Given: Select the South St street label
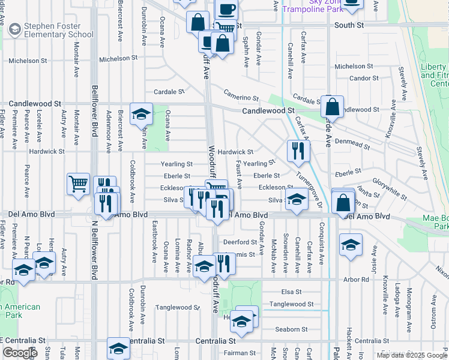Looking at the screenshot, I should (349, 25).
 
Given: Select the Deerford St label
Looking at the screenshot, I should (240, 242).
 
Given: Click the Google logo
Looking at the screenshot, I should (20, 353).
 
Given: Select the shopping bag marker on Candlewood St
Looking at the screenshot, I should (332, 107).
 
